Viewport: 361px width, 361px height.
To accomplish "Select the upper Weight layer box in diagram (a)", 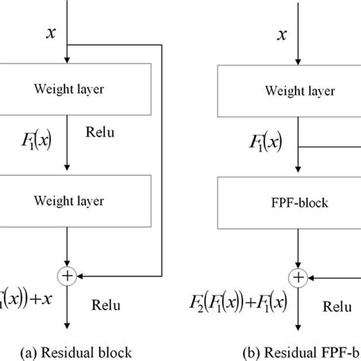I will pyautogui.click(x=71, y=89).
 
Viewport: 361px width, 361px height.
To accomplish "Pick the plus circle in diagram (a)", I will pyautogui.click(x=69, y=276).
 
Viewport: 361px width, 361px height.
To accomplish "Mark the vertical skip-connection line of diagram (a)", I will pyautogui.click(x=162, y=160).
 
